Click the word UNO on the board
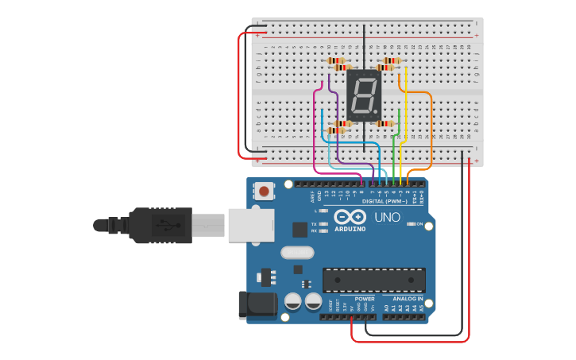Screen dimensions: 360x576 pyautogui.click(x=387, y=217)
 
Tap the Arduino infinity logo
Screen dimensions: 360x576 pyautogui.click(x=350, y=217)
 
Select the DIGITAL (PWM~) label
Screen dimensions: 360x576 pyautogui.click(x=389, y=201)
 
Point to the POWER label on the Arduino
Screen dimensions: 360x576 pyautogui.click(x=365, y=299)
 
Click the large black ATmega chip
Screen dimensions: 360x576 pyautogui.click(x=373, y=280)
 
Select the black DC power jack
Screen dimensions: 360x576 pyautogui.click(x=257, y=306)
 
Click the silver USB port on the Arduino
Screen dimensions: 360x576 pyautogui.click(x=251, y=224)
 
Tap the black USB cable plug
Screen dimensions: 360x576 pyautogui.click(x=159, y=225)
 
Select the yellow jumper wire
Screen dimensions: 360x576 pyautogui.click(x=406, y=111)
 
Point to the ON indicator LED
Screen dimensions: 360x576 pyautogui.click(x=410, y=224)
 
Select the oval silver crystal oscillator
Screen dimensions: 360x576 pyautogui.click(x=297, y=253)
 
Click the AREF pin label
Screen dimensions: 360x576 pyautogui.click(x=312, y=195)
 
